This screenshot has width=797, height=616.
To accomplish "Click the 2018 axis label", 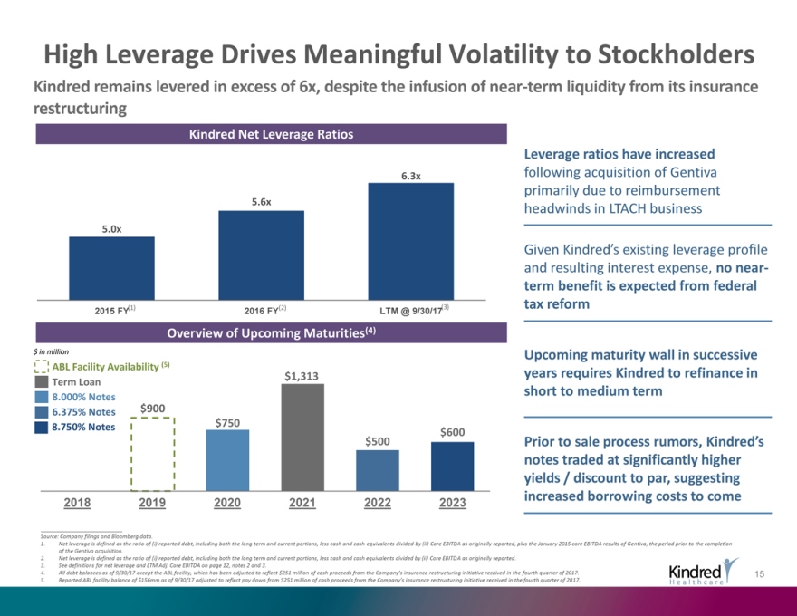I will (78, 501).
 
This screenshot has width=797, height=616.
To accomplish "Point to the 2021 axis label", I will (302, 501).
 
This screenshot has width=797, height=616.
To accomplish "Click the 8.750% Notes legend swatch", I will (41, 428).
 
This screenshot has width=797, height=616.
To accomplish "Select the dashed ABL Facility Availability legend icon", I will (41, 366).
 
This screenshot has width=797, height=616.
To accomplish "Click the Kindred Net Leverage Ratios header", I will (271, 134).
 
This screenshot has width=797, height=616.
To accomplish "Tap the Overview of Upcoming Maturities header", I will (271, 332).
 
